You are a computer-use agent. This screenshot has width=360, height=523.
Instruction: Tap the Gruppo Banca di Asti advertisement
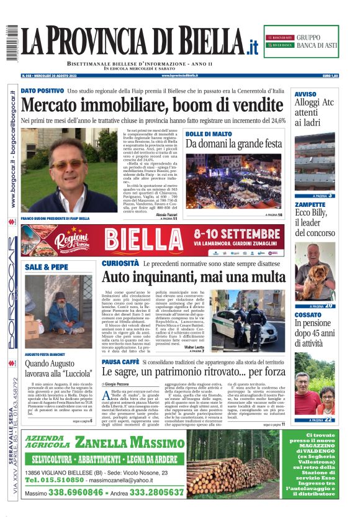[301, 42]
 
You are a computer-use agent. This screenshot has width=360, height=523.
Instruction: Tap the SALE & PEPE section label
[47, 266]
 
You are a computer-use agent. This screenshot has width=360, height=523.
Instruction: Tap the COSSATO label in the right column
[308, 315]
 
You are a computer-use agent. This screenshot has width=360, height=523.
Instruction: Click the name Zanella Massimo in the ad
[129, 443]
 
